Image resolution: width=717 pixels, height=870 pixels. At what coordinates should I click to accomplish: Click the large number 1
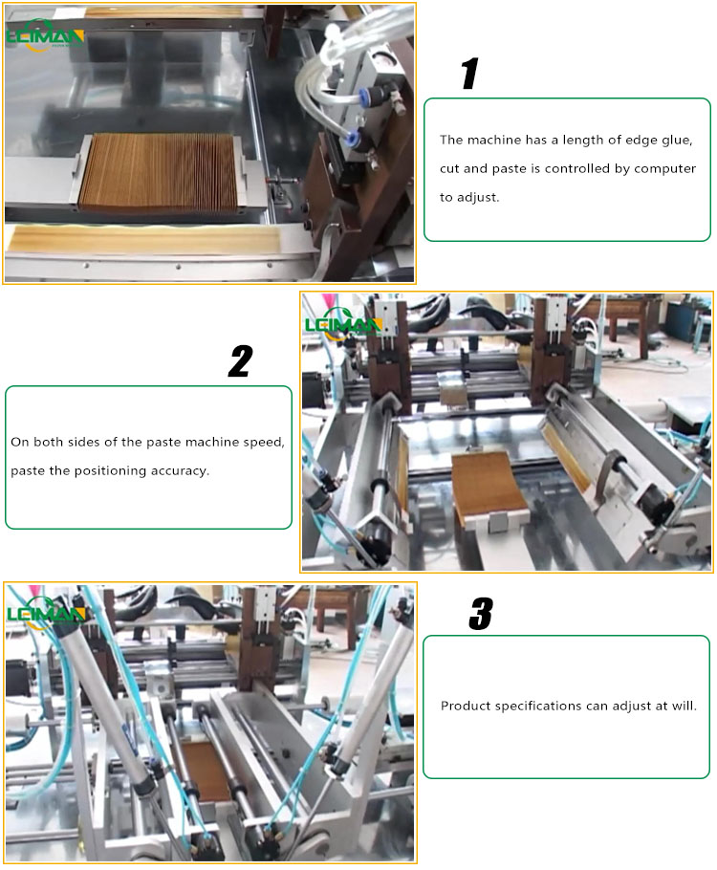tap(468, 74)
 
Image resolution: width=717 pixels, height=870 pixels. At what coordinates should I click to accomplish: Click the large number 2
tap(240, 360)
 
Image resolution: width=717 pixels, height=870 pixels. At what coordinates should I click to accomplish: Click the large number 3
tap(480, 614)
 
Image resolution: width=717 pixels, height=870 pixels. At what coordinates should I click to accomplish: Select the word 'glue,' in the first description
tap(672, 140)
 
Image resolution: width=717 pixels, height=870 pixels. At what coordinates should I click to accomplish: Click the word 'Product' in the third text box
tap(464, 706)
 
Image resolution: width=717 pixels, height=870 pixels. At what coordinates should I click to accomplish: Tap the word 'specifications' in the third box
tap(535, 706)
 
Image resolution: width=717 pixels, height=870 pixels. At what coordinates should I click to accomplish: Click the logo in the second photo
tap(342, 324)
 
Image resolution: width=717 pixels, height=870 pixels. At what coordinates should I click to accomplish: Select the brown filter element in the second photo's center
tap(489, 488)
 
